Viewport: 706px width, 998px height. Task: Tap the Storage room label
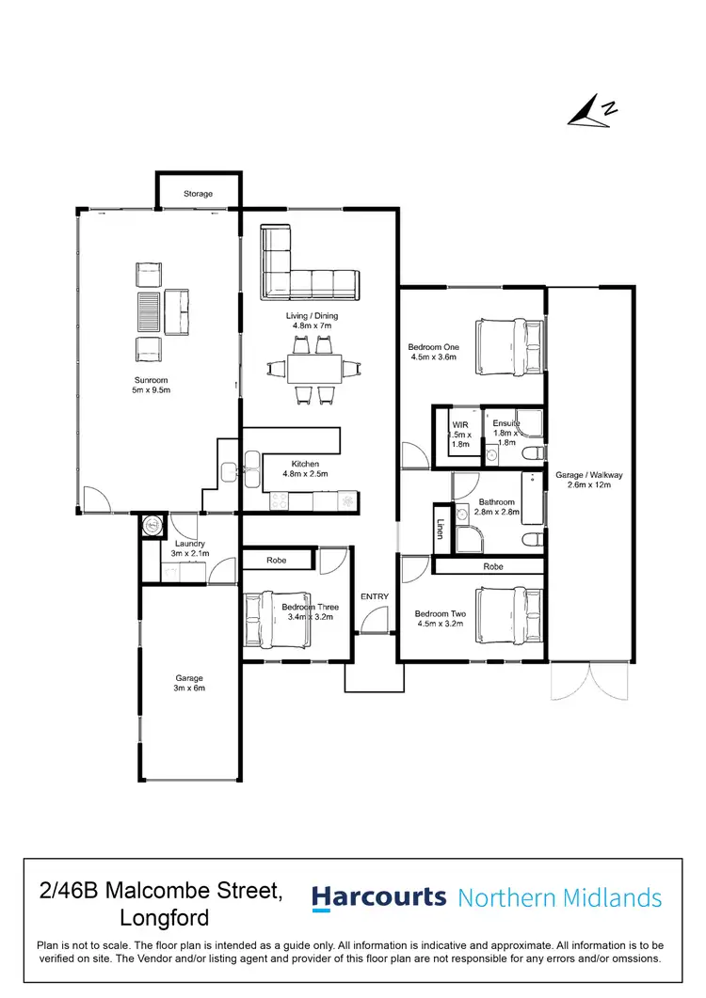click(x=198, y=194)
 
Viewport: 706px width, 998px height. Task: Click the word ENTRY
click(x=374, y=596)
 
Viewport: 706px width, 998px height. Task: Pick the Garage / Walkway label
click(x=589, y=480)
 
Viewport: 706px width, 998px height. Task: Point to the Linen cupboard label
click(x=440, y=530)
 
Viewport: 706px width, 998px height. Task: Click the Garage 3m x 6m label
click(x=189, y=683)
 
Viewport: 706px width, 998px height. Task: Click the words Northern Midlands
click(x=559, y=898)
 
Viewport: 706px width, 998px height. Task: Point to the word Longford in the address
click(x=165, y=917)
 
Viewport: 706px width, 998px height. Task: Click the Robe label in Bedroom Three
click(x=277, y=560)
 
